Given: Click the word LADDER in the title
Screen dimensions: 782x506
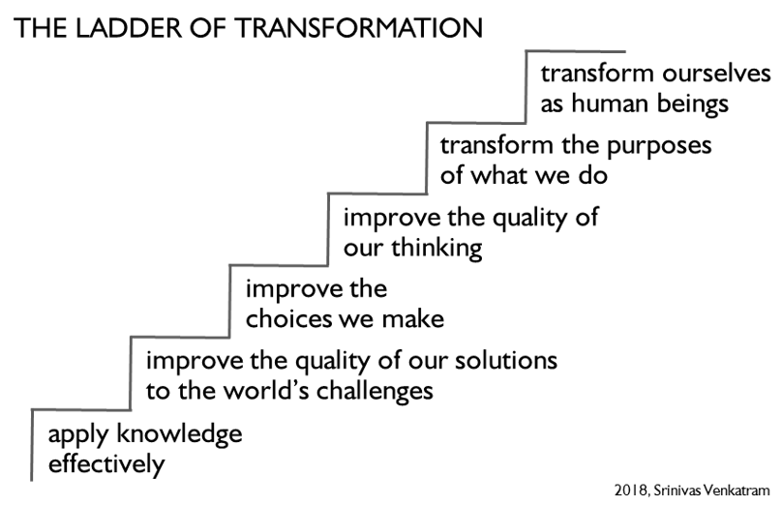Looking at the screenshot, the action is click(129, 28).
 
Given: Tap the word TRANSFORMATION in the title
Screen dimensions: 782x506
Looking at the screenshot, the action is click(359, 28).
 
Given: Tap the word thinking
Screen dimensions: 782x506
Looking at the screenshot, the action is click(436, 249).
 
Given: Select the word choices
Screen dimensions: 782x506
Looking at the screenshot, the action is click(288, 319).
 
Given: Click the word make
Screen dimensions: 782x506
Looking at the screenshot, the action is click(413, 319).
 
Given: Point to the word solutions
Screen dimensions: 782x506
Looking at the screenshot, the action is click(506, 361).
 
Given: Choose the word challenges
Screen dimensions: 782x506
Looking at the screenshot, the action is click(375, 392).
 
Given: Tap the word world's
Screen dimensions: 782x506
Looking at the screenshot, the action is click(266, 391).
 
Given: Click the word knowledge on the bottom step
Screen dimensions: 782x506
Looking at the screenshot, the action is click(179, 434).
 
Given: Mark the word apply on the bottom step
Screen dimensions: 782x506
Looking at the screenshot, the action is click(78, 435).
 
